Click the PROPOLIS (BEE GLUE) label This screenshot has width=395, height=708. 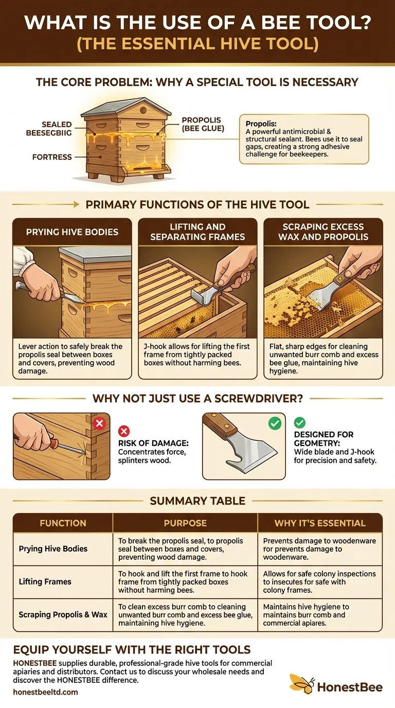coord(203,123)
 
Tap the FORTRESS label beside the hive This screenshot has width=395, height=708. coord(51,157)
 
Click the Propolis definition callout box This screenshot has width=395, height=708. coord(304,139)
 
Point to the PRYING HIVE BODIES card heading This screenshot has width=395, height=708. coord(72,232)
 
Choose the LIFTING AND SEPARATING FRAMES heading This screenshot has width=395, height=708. coord(197,232)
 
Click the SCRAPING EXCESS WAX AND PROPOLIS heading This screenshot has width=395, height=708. coord(323,232)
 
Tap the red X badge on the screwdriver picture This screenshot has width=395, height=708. coord(100,423)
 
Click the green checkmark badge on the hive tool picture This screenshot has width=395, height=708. coord(275,423)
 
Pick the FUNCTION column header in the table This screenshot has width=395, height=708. coord(63,523)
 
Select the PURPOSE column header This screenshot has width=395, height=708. coord(185,523)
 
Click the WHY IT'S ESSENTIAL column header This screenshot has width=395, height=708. coord(320,523)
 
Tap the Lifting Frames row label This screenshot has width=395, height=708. coord(45,582)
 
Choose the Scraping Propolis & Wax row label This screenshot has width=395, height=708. coord(63,614)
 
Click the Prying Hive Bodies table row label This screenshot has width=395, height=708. coord(53,549)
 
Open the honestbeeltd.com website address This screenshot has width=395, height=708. coord(45,692)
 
